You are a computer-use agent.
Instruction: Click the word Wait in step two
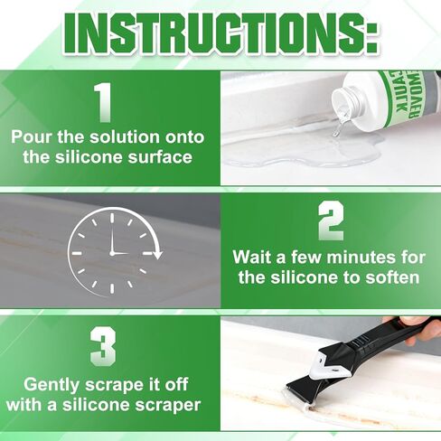pyautogui.click(x=254, y=258)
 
